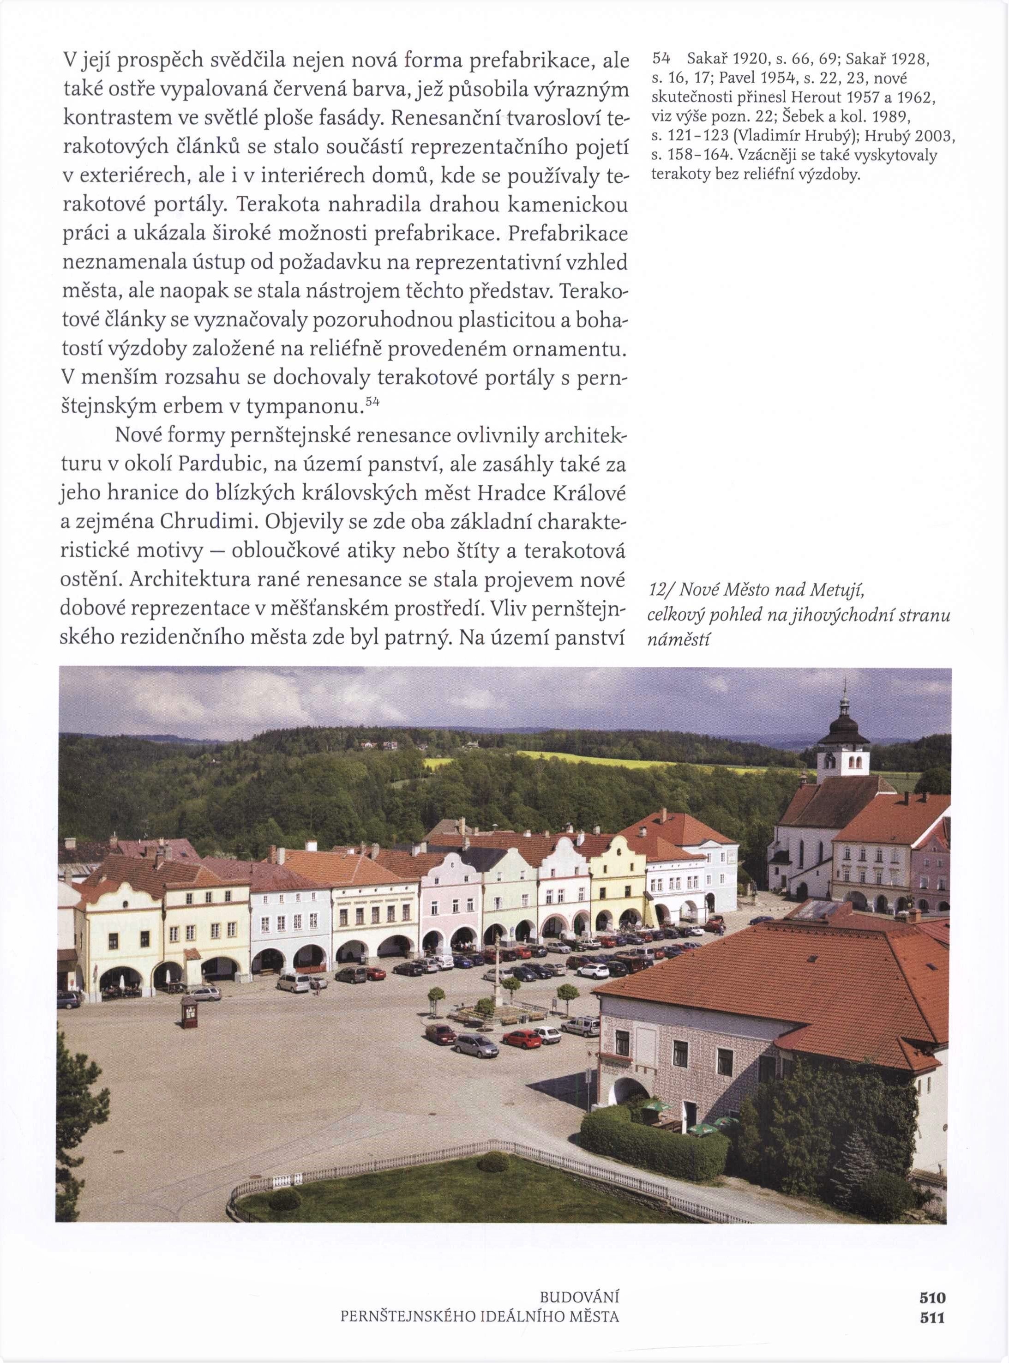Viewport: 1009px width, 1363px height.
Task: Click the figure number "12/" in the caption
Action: pyautogui.click(x=659, y=590)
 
